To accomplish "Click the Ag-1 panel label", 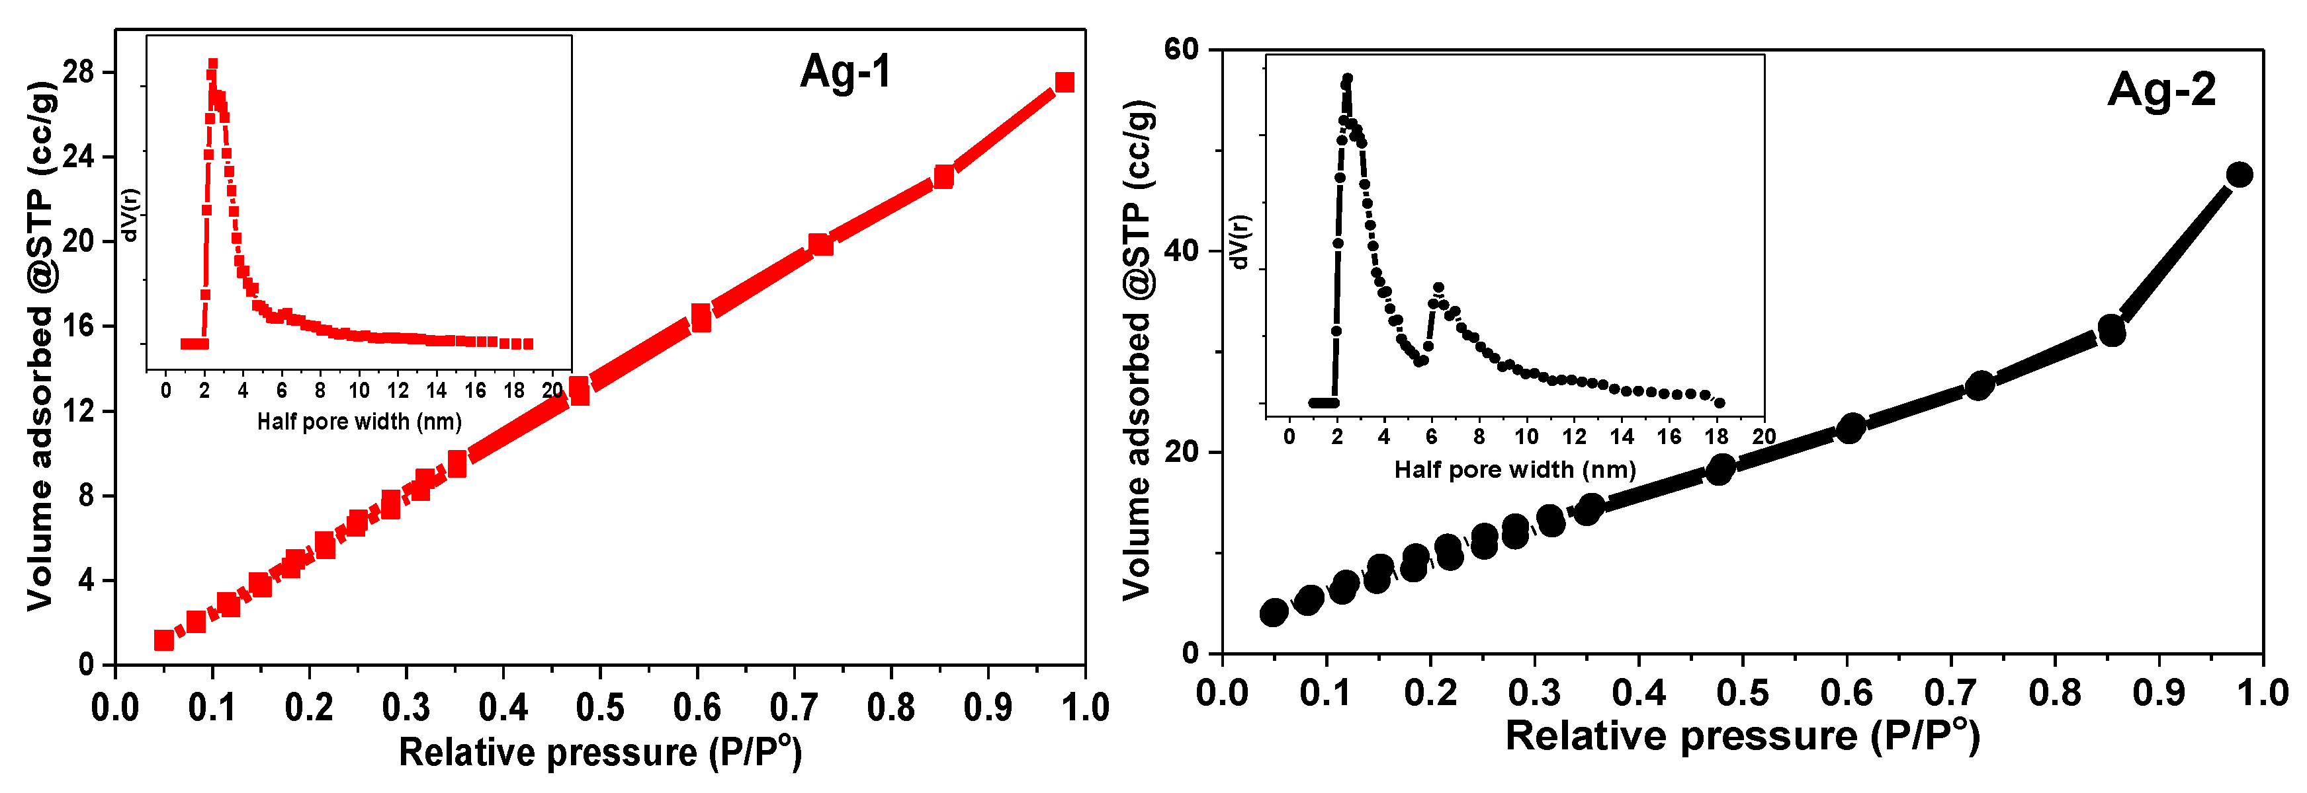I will click(846, 71).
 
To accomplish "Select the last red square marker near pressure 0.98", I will click(1064, 83).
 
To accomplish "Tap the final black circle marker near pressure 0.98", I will click(2239, 174).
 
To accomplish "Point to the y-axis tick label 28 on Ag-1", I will click(79, 71).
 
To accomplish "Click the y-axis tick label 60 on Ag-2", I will click(1180, 49).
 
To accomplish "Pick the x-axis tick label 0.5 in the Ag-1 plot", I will click(599, 708).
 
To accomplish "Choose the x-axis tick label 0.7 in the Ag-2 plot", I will click(1950, 693).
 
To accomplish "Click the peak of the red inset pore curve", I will click(212, 65).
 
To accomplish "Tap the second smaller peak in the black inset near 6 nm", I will click(1438, 288).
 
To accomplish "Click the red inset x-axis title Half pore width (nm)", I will click(359, 422).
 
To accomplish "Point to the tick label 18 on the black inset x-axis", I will click(1716, 437).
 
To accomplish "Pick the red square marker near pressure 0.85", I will click(943, 177).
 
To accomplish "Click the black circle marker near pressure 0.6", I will click(1850, 428).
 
